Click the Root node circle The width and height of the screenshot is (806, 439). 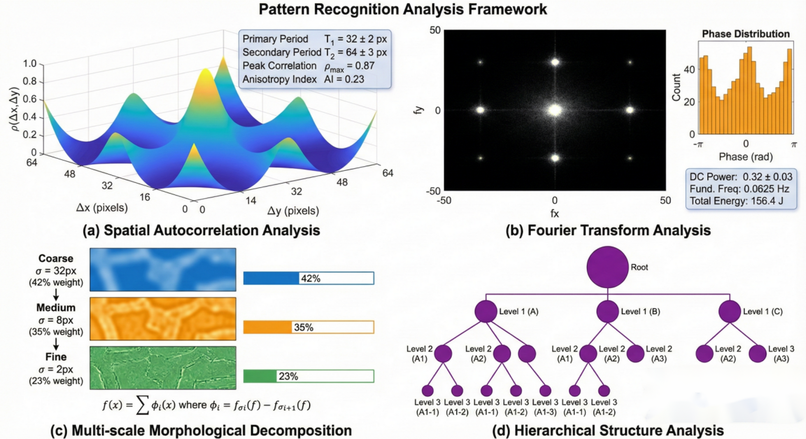click(x=607, y=267)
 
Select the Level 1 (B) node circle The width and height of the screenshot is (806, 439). click(x=607, y=312)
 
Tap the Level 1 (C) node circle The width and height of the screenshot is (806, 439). click(x=729, y=312)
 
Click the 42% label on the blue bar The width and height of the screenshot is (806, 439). click(x=310, y=279)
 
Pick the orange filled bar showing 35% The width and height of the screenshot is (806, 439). click(x=267, y=327)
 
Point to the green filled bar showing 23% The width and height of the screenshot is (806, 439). click(x=260, y=376)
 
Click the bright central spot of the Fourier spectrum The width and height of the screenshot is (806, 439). click(x=555, y=111)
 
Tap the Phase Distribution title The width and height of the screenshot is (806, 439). click(x=745, y=34)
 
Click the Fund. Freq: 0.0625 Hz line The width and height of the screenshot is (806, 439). click(x=739, y=189)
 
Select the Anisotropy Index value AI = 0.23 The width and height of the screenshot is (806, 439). click(x=344, y=79)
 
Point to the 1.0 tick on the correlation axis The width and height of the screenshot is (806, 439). click(x=29, y=64)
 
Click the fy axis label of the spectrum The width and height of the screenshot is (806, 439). click(x=419, y=110)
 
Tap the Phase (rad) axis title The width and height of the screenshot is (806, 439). click(x=745, y=157)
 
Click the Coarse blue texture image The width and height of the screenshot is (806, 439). click(x=163, y=270)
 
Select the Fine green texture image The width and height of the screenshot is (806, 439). click(x=163, y=368)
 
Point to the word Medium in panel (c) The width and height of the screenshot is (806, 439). click(x=56, y=308)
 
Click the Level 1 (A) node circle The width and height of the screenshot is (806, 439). click(x=485, y=312)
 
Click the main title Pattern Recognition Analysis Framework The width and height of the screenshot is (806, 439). click(x=403, y=9)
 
